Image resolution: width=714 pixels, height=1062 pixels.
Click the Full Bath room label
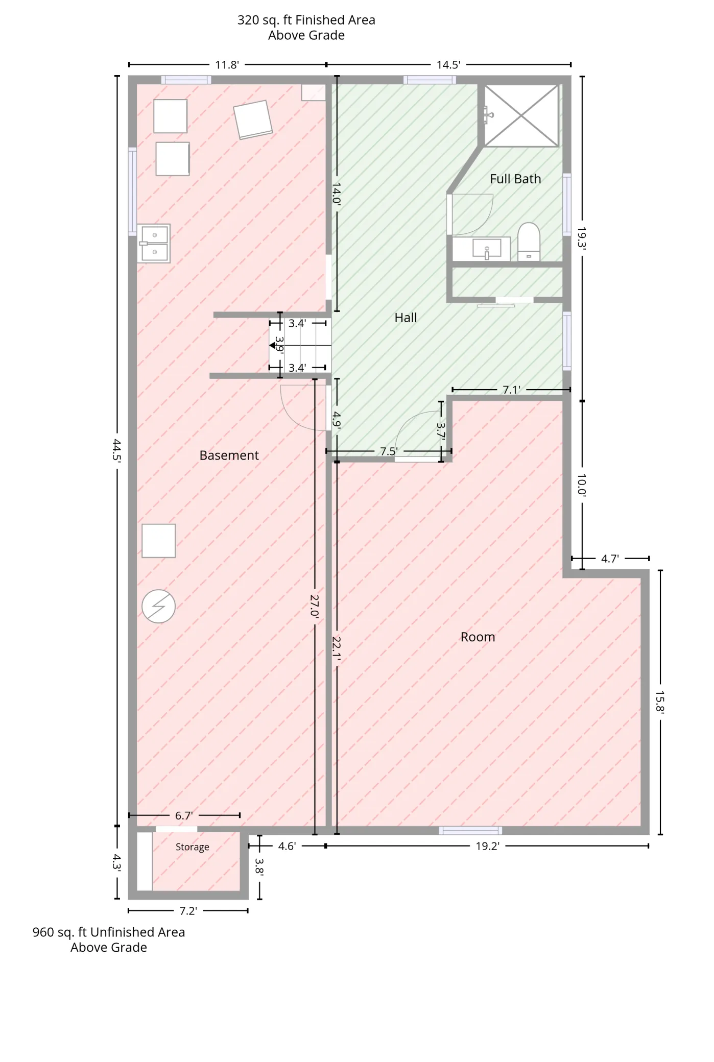pos(515,179)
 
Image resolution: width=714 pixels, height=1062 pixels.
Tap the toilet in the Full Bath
pos(529,242)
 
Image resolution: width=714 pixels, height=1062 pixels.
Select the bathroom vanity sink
pos(487,249)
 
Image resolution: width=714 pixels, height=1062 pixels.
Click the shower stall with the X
pos(521,115)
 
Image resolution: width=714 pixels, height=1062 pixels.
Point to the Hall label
pos(406,318)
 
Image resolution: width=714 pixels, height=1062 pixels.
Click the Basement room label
pos(229,455)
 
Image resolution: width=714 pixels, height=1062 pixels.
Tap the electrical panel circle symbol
pos(158,607)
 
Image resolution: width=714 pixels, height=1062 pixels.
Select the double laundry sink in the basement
pos(153,244)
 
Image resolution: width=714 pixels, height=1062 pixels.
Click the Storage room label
pos(193,847)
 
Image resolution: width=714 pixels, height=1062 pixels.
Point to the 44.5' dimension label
pos(117,450)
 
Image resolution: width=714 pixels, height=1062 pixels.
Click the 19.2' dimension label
pos(487,846)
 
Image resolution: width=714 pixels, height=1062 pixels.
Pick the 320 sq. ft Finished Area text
pos(306,20)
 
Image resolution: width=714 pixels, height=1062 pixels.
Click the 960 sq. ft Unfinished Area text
pos(109,932)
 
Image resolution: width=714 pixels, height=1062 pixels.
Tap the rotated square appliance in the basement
pos(253,119)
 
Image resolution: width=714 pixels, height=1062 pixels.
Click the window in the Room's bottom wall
pos(470,831)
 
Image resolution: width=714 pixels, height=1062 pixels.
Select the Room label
pos(478,637)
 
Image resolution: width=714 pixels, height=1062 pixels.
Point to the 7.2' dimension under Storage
pos(188,911)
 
